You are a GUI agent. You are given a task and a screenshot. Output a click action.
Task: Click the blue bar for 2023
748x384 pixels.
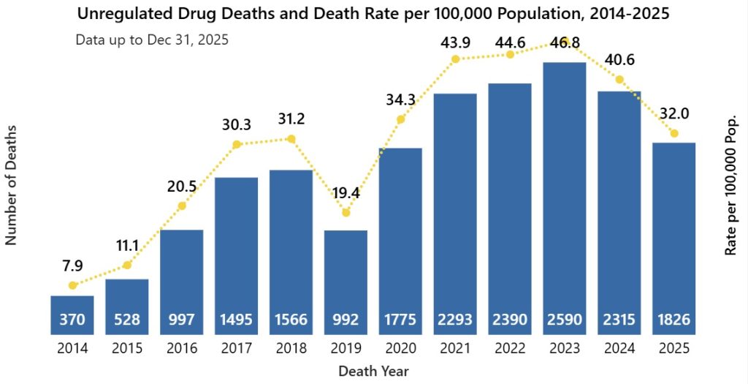(x=565, y=197)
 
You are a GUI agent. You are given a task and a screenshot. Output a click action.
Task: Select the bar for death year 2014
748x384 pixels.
(x=72, y=315)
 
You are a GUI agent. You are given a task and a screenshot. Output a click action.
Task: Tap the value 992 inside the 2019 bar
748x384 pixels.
(x=346, y=320)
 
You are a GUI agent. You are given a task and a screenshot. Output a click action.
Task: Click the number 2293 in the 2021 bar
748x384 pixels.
(x=455, y=320)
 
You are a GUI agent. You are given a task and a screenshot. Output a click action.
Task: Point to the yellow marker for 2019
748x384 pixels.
(x=346, y=213)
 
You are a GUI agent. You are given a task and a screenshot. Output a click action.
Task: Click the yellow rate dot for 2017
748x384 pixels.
(x=237, y=145)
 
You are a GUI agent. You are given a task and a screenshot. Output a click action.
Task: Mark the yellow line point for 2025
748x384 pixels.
(x=674, y=133)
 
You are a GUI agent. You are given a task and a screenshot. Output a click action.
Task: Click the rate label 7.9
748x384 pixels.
(x=72, y=264)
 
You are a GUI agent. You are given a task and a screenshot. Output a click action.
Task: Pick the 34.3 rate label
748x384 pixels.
(x=400, y=98)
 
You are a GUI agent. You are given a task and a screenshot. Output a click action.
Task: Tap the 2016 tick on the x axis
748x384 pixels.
(x=182, y=348)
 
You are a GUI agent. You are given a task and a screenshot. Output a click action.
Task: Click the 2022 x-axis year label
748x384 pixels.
(x=510, y=348)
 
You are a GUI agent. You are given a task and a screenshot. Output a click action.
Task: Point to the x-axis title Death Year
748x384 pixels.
(x=373, y=371)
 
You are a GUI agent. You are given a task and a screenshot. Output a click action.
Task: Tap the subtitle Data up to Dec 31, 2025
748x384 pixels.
(x=152, y=39)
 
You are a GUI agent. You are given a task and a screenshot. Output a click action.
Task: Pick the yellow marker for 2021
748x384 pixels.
(x=455, y=59)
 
